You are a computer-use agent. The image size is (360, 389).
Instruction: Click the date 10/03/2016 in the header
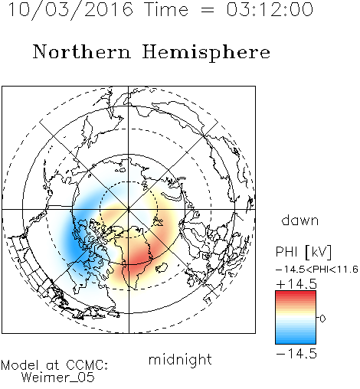[70, 10]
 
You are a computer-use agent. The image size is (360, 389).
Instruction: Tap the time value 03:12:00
[270, 9]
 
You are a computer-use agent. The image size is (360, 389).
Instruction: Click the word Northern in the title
[82, 51]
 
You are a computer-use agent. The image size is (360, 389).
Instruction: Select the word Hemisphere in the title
[206, 52]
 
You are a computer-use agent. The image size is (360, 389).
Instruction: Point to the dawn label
[300, 221]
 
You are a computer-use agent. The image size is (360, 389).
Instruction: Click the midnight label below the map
[180, 359]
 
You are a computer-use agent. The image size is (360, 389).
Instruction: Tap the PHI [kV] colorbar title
[303, 252]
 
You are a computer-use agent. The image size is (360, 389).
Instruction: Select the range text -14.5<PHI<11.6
[317, 270]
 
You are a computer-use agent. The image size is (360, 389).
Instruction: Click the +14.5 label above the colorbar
[296, 284]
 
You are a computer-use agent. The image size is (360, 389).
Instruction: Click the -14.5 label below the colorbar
[296, 354]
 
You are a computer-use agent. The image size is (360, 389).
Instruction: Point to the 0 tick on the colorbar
[322, 319]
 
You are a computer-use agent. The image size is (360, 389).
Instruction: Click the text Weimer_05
[58, 378]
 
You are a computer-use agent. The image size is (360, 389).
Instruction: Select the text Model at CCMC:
[54, 365]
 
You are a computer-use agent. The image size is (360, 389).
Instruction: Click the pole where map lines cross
[129, 209]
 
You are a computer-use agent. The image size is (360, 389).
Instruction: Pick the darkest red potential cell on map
[138, 259]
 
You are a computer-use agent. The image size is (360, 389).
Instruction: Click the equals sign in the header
[208, 10]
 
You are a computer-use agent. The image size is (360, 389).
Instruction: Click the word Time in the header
[166, 9]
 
